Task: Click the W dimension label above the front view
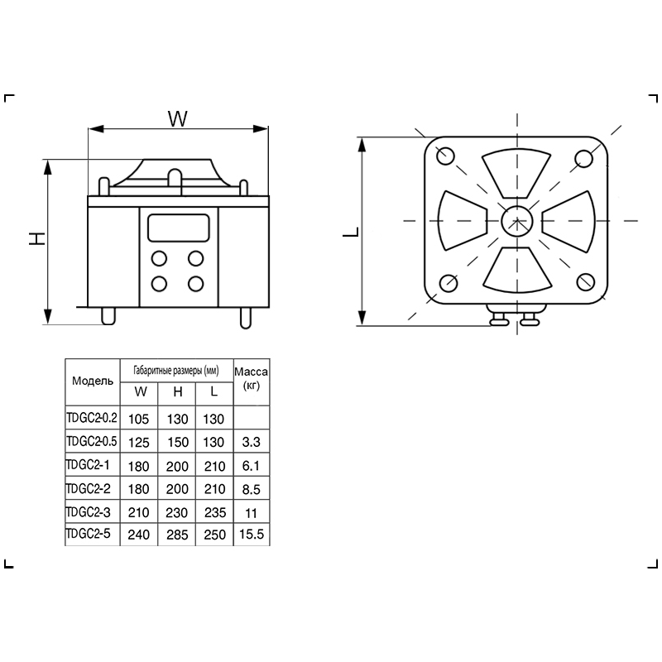178,118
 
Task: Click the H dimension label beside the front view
37,239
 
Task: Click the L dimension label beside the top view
351,232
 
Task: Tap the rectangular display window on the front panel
178,228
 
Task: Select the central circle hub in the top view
517,221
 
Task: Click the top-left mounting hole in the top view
445,156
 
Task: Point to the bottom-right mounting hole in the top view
586,282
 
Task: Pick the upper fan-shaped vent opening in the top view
516,173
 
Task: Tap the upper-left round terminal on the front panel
159,258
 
